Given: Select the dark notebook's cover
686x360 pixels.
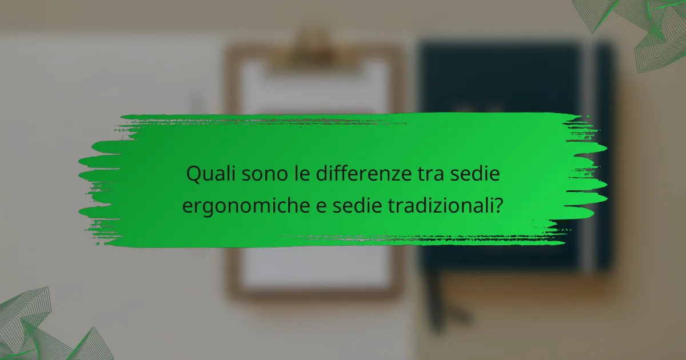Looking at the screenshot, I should click(x=503, y=80).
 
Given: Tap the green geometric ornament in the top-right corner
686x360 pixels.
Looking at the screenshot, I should click(x=646, y=29).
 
